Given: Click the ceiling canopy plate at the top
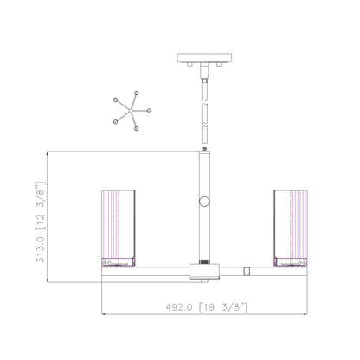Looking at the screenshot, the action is [x=204, y=58].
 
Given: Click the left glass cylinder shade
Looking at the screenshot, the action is [x=119, y=224].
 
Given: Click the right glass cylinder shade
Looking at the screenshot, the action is [x=291, y=224].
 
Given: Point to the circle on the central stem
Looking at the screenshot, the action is [x=204, y=202].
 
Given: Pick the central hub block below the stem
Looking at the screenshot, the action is [x=204, y=271].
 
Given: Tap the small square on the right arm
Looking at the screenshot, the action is [x=247, y=271].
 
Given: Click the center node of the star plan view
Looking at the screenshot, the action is [x=131, y=111].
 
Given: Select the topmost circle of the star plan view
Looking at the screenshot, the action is [x=137, y=93].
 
